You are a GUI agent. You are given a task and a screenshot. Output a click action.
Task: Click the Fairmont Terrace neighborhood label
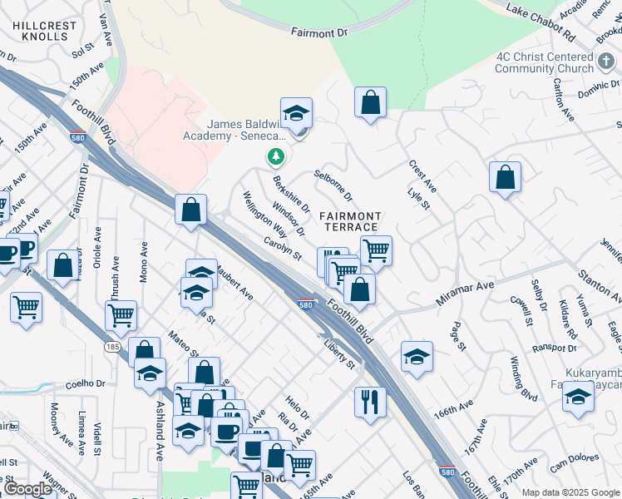pyautogui.click(x=350, y=221)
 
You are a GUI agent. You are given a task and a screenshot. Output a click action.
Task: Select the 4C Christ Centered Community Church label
pyautogui.click(x=555, y=62)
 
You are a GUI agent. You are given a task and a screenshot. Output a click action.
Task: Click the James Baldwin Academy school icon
pyautogui.click(x=296, y=113)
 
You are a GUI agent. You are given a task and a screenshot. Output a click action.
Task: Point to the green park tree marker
pyautogui.click(x=275, y=156)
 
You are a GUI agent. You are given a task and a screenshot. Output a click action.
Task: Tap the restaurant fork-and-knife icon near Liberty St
pyautogui.click(x=371, y=403)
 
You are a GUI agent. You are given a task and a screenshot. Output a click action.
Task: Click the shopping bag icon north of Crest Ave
pyautogui.click(x=371, y=103)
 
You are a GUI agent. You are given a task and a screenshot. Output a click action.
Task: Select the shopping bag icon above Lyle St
pyautogui.click(x=505, y=177)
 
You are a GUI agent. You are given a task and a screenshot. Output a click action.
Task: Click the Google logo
pyautogui.click(x=27, y=489)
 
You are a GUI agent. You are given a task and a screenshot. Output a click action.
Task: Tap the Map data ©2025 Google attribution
pyautogui.click(x=570, y=492)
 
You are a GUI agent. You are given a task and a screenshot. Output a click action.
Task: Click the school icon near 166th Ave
pyautogui.click(x=417, y=358)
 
